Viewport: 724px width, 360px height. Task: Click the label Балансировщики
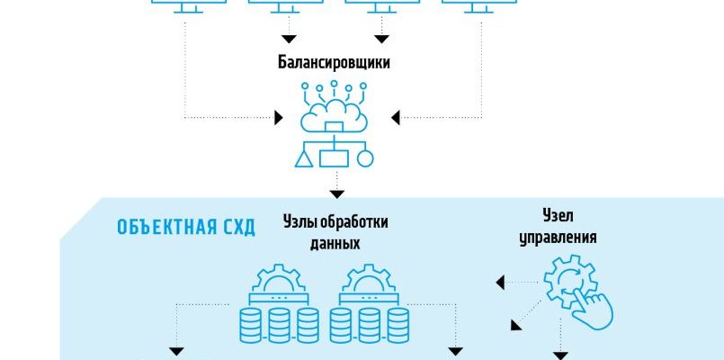point(334,64)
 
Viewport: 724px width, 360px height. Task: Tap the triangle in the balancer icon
point(305,160)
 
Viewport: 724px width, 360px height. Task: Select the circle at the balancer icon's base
point(364,159)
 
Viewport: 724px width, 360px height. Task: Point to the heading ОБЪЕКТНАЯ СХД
point(186,227)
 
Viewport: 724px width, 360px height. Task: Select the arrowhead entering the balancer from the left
point(278,117)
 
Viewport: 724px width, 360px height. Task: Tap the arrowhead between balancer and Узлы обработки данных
point(336,193)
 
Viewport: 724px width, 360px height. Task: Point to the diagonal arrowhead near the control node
point(516,324)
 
